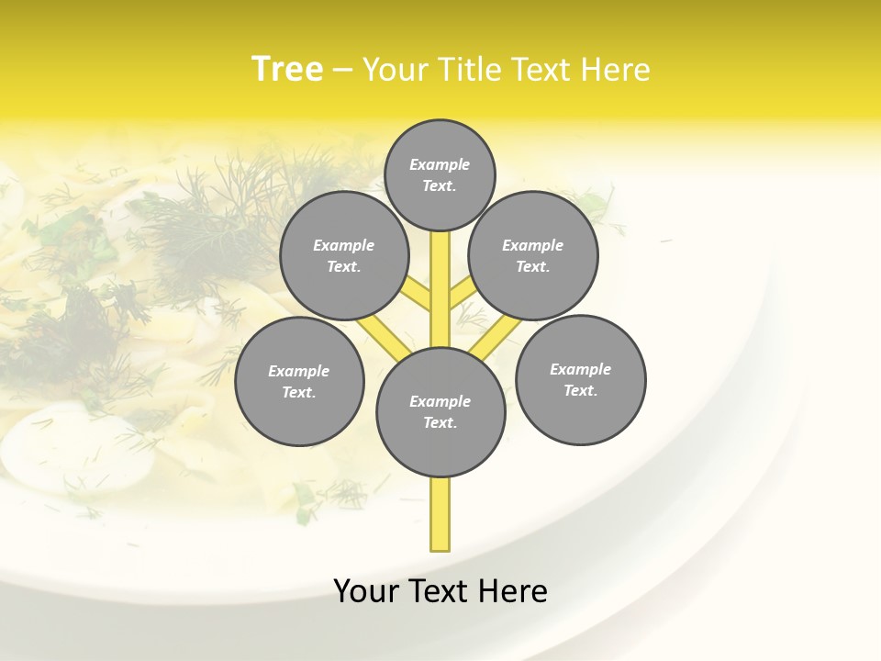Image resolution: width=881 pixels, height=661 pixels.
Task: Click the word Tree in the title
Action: click(287, 70)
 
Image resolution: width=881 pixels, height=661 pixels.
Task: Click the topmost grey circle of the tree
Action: click(440, 174)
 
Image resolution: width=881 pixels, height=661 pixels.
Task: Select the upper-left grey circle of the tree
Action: click(343, 256)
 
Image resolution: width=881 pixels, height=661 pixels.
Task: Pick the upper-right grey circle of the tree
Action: click(532, 256)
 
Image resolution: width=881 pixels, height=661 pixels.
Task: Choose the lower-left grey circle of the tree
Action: click(299, 381)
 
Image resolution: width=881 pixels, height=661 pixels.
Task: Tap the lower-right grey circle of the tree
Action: click(580, 379)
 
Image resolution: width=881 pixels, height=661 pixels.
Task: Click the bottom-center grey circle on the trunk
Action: click(440, 411)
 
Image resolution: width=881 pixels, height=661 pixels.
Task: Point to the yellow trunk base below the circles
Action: click(440, 514)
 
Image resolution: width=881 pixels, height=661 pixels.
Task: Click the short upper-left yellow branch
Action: click(418, 294)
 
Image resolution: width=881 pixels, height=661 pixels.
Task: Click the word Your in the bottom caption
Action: click(366, 591)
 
